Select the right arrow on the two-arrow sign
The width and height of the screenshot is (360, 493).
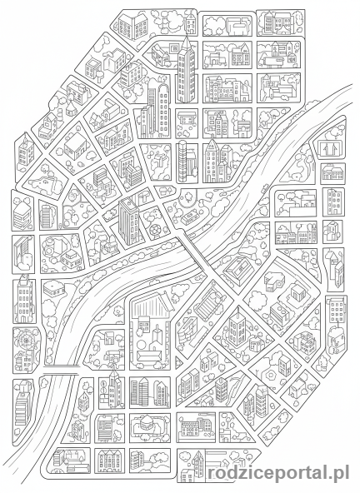tap(334, 147)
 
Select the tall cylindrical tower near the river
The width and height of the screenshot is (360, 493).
tap(182, 158)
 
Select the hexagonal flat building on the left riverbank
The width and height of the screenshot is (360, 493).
tap(55, 288)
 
